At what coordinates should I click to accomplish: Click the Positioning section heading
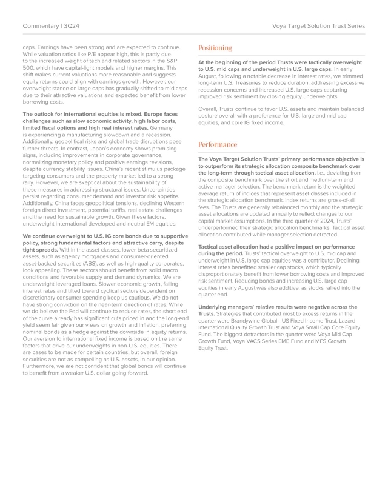[x=215, y=48]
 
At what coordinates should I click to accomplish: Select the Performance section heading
[x=218, y=145]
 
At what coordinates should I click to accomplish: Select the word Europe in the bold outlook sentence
[x=153, y=114]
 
